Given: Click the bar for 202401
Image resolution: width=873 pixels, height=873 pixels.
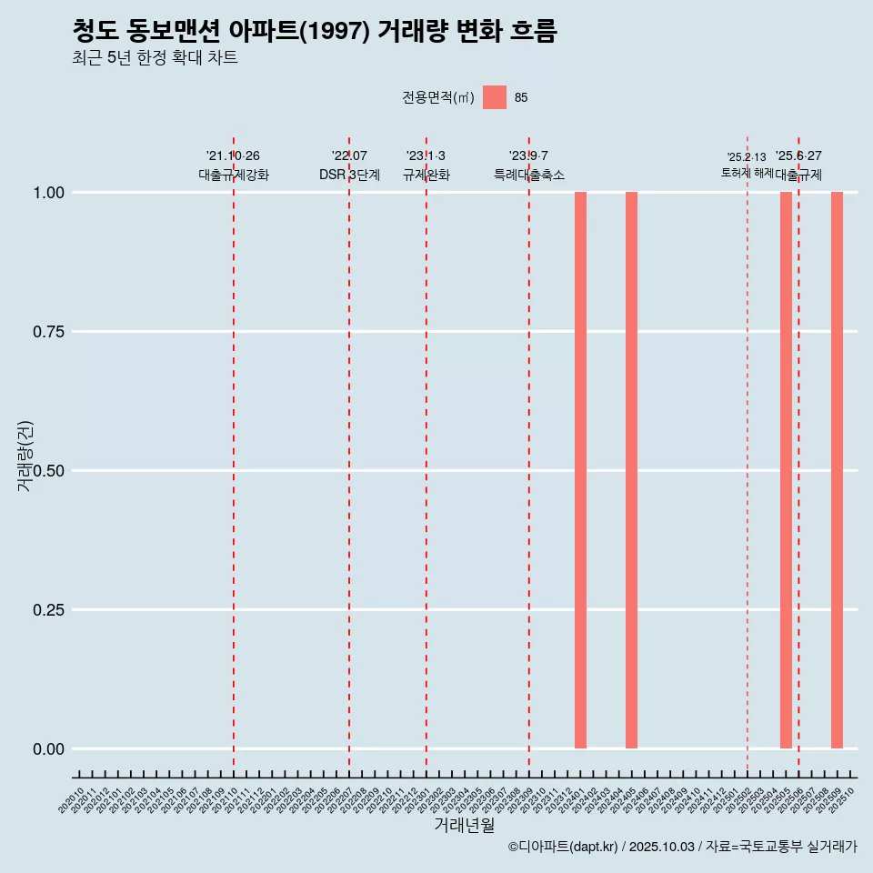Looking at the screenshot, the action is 580,470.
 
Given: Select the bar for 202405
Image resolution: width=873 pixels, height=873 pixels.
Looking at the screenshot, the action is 631,470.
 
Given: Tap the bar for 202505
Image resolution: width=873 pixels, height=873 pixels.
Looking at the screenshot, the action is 786,470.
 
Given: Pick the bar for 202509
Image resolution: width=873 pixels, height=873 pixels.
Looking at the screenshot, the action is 837,470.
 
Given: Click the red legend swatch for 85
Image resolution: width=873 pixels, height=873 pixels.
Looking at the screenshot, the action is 495,97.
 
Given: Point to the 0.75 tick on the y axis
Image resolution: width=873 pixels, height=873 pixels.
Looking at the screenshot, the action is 50,332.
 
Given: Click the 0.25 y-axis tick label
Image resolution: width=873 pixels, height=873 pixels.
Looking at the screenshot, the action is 50,610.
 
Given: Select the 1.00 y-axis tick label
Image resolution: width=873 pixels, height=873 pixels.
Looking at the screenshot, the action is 50,193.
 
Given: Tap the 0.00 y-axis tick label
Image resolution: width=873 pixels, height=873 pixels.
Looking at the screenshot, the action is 50,749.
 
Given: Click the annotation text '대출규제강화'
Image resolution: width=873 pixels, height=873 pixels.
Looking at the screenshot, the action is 234,175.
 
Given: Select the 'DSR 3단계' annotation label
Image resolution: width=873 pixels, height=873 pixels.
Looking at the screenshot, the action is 349,175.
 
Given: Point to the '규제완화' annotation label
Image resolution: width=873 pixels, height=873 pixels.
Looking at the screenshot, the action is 426,175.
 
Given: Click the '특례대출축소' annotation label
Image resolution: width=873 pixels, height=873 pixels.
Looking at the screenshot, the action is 528,175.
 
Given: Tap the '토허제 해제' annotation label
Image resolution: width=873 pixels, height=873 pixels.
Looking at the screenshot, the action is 747,173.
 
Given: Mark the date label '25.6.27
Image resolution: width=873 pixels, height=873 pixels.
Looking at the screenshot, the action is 798,156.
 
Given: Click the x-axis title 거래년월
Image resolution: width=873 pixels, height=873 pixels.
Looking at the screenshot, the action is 464,826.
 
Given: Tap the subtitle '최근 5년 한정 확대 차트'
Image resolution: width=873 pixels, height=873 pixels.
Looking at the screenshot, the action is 155,58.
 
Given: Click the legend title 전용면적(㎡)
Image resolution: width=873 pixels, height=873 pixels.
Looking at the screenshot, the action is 437,97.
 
